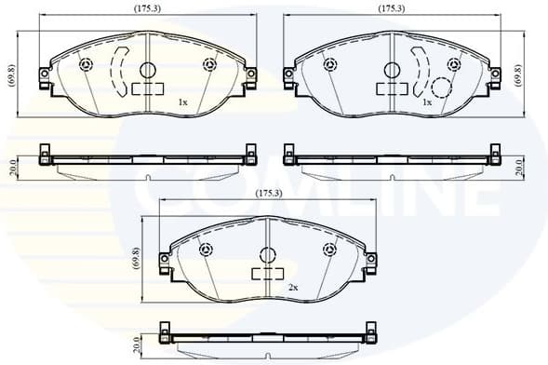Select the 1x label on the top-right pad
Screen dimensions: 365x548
click(426, 101)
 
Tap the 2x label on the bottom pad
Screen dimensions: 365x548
click(293, 288)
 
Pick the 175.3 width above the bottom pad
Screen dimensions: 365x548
click(268, 194)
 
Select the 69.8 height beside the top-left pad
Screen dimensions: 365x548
click(11, 75)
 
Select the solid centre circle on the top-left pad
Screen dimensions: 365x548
click(147, 69)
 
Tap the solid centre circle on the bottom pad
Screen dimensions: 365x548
click(268, 254)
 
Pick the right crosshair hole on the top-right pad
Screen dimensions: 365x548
click(453, 64)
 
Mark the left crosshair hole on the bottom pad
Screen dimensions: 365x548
click(207, 249)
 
